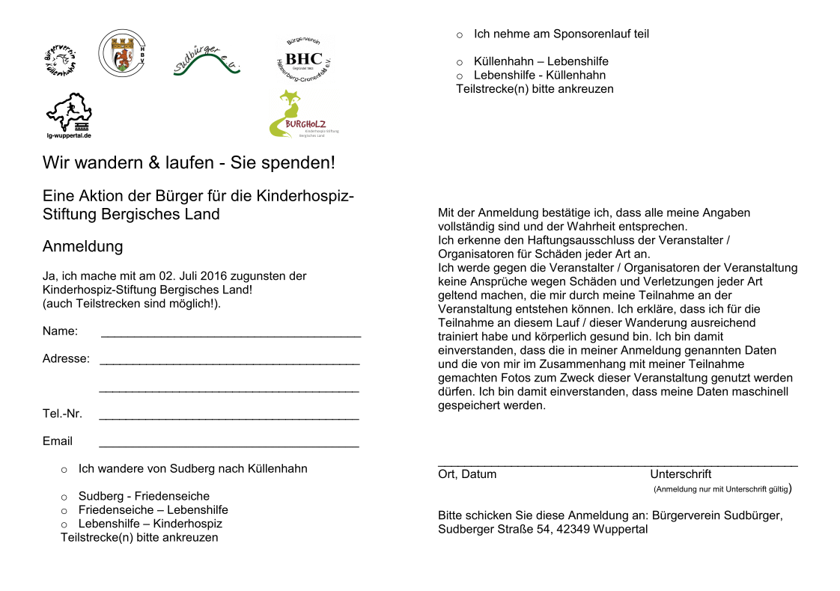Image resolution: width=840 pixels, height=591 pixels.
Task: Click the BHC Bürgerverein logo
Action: pos(303,58)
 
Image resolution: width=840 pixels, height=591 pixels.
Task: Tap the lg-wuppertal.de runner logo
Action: pos(68,114)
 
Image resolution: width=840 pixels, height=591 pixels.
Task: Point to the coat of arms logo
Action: pos(122,53)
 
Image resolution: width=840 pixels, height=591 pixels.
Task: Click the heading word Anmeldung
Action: pos(82,247)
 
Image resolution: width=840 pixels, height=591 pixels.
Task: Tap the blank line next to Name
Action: pos(231,334)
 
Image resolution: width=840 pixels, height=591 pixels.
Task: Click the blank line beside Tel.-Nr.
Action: pos(229,417)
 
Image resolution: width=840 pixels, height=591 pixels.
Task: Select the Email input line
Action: pos(229,444)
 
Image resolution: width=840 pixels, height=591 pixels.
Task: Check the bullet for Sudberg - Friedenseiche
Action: pos(64,497)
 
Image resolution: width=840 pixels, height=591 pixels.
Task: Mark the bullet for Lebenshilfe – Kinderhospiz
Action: pos(64,524)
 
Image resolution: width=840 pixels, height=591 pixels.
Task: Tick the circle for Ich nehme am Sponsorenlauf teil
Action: pos(460,34)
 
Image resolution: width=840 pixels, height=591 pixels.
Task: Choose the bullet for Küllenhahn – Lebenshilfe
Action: pos(460,62)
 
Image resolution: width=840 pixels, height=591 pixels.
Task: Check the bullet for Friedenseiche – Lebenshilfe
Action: pos(64,511)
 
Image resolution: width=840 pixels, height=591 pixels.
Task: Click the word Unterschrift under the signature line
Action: pos(681,474)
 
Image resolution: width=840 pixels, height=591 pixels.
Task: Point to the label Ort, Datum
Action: pos(467,474)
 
